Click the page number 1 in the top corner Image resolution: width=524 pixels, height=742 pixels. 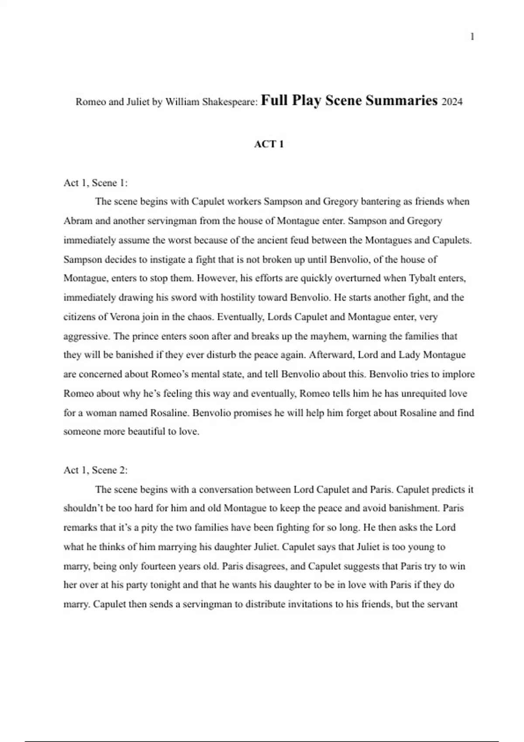(x=472, y=37)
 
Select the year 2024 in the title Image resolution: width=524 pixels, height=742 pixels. (x=452, y=102)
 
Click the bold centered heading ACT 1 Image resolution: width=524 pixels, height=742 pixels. (x=269, y=144)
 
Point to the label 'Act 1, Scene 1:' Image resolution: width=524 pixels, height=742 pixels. (x=96, y=183)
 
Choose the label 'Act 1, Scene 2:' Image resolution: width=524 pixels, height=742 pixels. (x=96, y=470)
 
